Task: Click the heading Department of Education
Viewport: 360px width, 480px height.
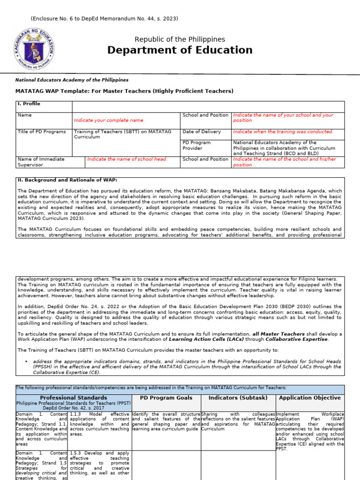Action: pos(180,50)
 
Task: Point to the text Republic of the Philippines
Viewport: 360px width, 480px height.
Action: pos(180,39)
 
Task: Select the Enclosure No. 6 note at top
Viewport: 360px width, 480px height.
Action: pos(104,18)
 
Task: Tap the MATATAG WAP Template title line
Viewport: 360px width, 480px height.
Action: pos(124,91)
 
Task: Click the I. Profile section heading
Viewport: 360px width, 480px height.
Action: pos(29,104)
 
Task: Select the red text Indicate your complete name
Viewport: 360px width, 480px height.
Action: pos(109,120)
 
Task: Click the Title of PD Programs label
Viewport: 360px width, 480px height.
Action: pos(42,132)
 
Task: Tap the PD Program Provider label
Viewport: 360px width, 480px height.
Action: pos(196,145)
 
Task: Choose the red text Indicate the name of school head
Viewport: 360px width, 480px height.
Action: pos(127,159)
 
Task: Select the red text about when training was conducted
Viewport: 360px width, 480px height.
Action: pos(283,132)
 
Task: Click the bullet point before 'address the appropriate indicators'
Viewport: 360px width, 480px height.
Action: pos(27,361)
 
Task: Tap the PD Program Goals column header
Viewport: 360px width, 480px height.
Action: pos(166,398)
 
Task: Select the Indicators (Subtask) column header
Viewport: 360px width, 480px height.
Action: pos(238,398)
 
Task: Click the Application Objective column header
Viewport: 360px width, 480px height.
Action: pos(309,398)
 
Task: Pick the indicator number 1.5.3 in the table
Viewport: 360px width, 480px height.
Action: pos(76,453)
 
